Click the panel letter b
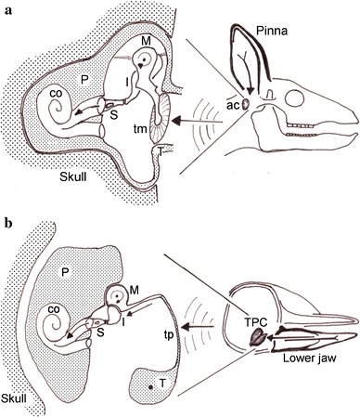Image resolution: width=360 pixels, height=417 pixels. (6, 224)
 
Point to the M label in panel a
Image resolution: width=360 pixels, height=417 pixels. (147, 41)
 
